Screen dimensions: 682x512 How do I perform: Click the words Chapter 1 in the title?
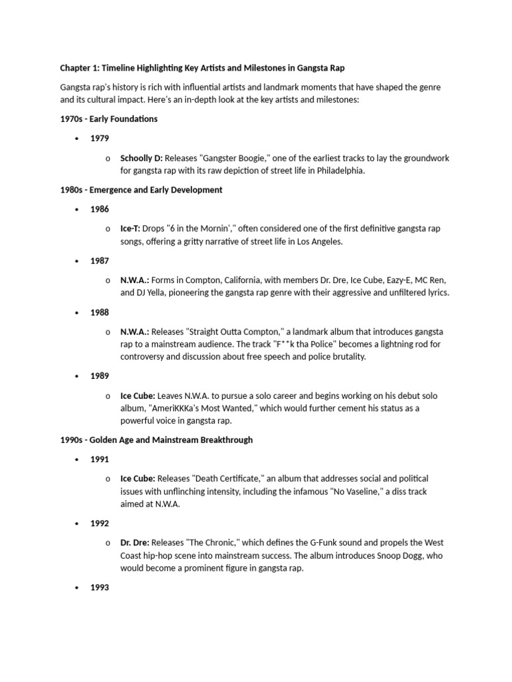click(79, 68)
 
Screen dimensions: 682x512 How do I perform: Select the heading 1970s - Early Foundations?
click(109, 119)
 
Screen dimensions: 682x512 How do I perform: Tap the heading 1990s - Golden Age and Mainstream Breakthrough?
click(156, 440)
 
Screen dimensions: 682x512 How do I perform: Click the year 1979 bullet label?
click(100, 139)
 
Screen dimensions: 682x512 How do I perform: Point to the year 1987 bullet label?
click(100, 261)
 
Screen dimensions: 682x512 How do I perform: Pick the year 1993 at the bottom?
click(100, 587)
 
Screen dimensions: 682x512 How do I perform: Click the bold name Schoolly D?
click(141, 158)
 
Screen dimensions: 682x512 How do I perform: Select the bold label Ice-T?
click(130, 228)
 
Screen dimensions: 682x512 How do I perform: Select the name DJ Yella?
click(155, 293)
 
